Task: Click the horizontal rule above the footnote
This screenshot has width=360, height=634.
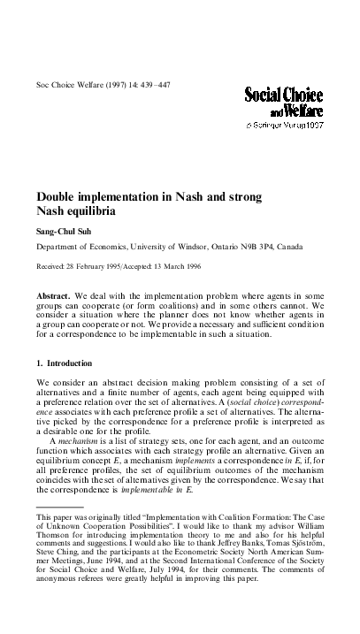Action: coord(58,508)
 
